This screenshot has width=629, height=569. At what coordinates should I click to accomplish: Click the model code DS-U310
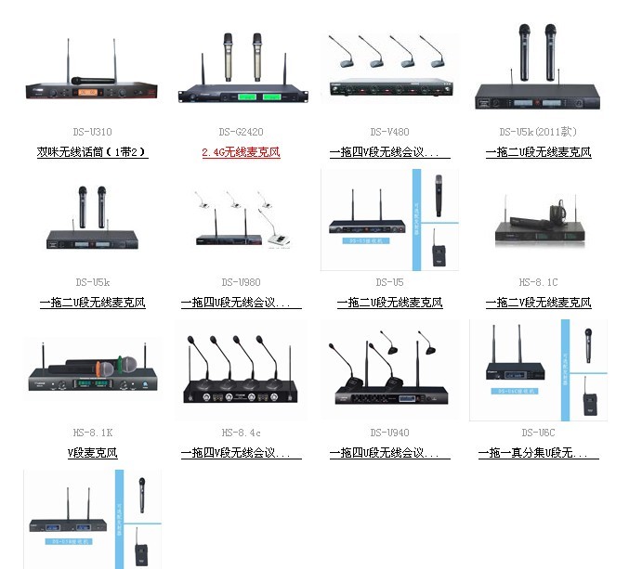(93, 132)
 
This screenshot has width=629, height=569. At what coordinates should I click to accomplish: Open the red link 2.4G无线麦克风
(241, 152)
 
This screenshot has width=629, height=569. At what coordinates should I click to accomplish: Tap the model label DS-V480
(388, 132)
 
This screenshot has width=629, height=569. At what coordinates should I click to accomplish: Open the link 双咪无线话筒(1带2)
(92, 152)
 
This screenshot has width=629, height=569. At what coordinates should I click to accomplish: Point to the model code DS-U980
(241, 282)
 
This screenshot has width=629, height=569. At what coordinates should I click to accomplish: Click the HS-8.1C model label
(538, 282)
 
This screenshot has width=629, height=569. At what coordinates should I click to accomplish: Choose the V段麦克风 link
(92, 454)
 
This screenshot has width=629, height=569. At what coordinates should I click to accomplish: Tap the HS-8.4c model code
(241, 433)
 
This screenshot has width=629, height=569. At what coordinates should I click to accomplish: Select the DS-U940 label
(388, 433)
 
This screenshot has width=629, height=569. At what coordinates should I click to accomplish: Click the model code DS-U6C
(538, 433)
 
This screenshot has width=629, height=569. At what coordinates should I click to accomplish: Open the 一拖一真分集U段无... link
(538, 454)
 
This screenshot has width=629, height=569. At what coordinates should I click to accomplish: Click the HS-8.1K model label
(92, 433)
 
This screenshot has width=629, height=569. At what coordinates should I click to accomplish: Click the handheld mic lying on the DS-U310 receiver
(91, 81)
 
